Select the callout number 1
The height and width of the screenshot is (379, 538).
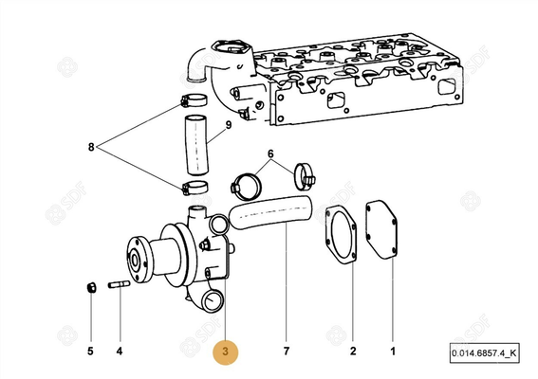(x=392, y=352)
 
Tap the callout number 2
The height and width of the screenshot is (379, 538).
(x=351, y=352)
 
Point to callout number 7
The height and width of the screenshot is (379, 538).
(x=286, y=352)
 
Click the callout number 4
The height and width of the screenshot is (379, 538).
(x=120, y=352)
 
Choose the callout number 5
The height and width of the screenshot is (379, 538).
(x=91, y=352)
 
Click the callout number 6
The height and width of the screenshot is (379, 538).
(x=270, y=153)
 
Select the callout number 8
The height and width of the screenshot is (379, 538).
(x=91, y=147)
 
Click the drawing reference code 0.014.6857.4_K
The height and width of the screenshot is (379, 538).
(x=485, y=354)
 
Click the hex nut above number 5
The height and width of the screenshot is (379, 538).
(x=89, y=286)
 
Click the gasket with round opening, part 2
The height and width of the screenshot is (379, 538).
(x=342, y=232)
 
